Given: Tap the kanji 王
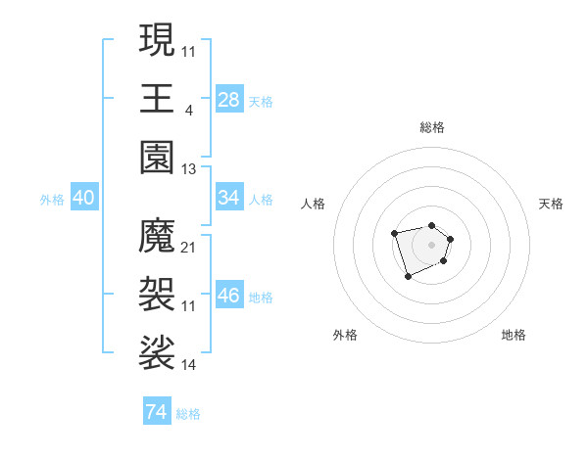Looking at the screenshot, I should (158, 98).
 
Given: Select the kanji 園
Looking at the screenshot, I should (158, 157).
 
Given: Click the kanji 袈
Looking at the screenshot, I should (158, 294).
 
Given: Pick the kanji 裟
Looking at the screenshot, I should (158, 352).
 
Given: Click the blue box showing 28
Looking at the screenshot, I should (229, 100).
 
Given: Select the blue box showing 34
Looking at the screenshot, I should (229, 198).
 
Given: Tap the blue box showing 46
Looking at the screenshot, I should (229, 296).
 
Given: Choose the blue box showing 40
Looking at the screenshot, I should (83, 198).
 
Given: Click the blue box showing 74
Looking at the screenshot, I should (156, 412).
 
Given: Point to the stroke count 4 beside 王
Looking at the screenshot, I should (188, 111).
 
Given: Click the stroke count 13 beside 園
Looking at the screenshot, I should (189, 169).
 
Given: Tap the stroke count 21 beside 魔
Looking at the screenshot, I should (189, 248).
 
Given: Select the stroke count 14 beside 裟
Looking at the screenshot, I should (189, 365).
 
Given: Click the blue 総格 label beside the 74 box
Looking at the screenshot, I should (188, 414).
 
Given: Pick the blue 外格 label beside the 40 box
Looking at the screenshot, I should (52, 200).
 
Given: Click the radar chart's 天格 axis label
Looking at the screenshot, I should (552, 204).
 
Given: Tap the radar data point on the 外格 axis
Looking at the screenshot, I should (408, 277).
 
